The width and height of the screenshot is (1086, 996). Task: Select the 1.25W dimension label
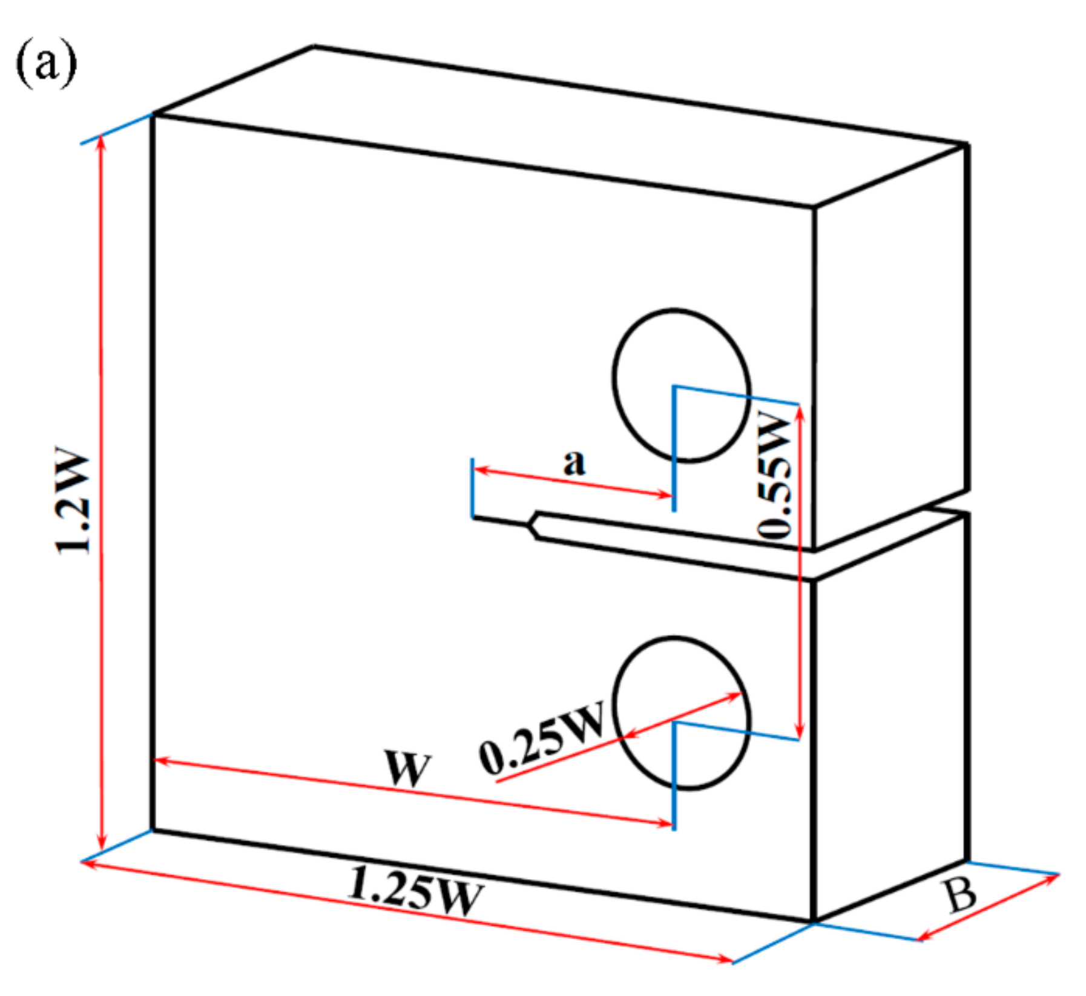click(x=416, y=891)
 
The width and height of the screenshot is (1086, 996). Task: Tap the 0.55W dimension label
click(x=775, y=476)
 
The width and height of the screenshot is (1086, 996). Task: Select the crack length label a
click(x=574, y=463)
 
